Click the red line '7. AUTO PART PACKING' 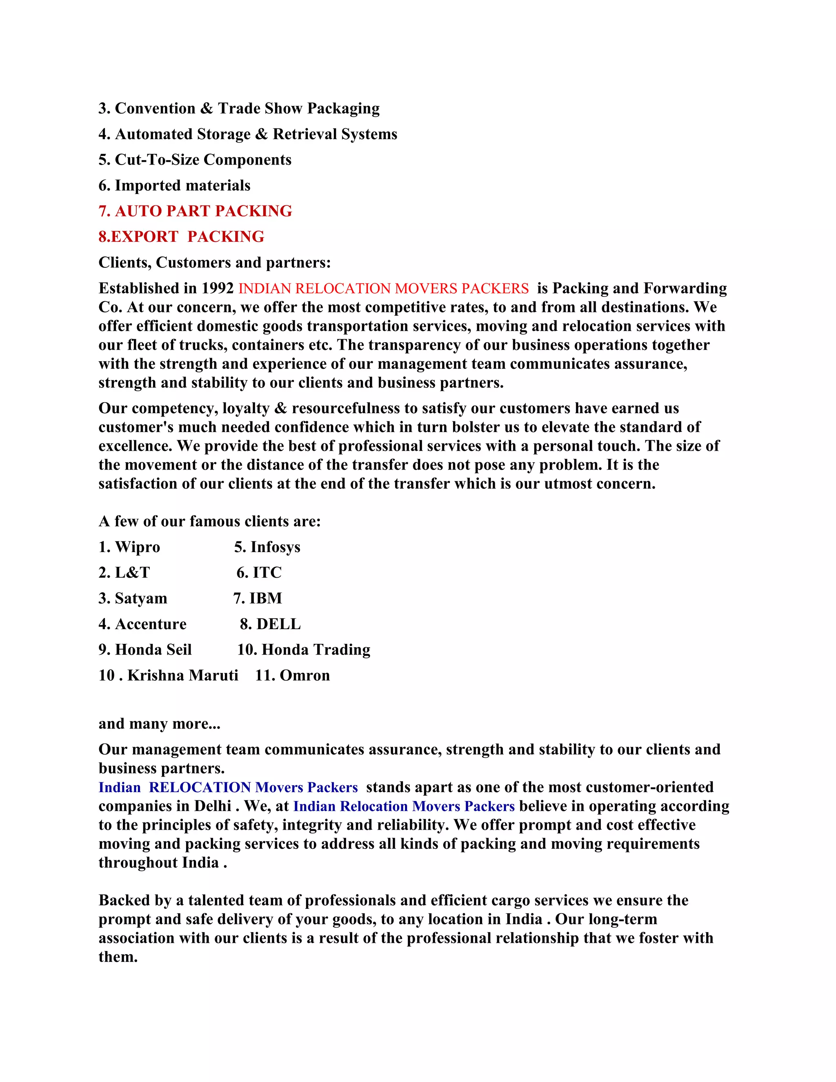tap(195, 211)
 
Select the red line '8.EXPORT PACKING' tap(181, 237)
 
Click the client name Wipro tap(137, 547)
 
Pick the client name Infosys tap(276, 547)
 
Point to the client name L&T tap(132, 573)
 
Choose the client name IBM tap(266, 599)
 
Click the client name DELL tap(278, 624)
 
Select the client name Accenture tap(151, 624)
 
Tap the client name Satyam tap(141, 599)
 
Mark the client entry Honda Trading tap(316, 650)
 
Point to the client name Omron tap(305, 676)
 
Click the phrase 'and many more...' tap(160, 724)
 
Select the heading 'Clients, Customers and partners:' tap(214, 263)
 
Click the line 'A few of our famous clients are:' tap(209, 521)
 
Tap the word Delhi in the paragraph tap(212, 806)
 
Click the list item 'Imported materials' tap(182, 185)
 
